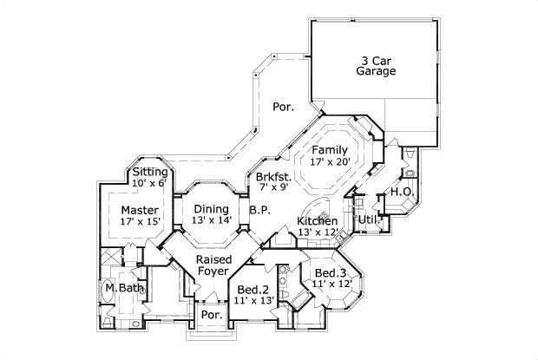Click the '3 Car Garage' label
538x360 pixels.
click(379, 67)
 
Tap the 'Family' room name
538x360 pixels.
click(330, 150)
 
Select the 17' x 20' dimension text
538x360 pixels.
click(330, 162)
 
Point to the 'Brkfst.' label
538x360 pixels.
click(272, 175)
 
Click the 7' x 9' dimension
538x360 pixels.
click(272, 187)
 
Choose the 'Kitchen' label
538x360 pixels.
click(318, 221)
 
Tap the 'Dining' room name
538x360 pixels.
click(211, 208)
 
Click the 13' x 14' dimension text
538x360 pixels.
click(211, 220)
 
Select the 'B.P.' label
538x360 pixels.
click(259, 209)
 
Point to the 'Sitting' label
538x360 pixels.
click(150, 173)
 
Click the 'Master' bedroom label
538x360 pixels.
click(139, 210)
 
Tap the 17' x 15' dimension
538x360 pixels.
click(139, 222)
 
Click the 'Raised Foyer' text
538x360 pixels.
click(213, 265)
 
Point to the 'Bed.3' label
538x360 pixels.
click(329, 272)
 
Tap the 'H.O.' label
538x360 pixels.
click(400, 192)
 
